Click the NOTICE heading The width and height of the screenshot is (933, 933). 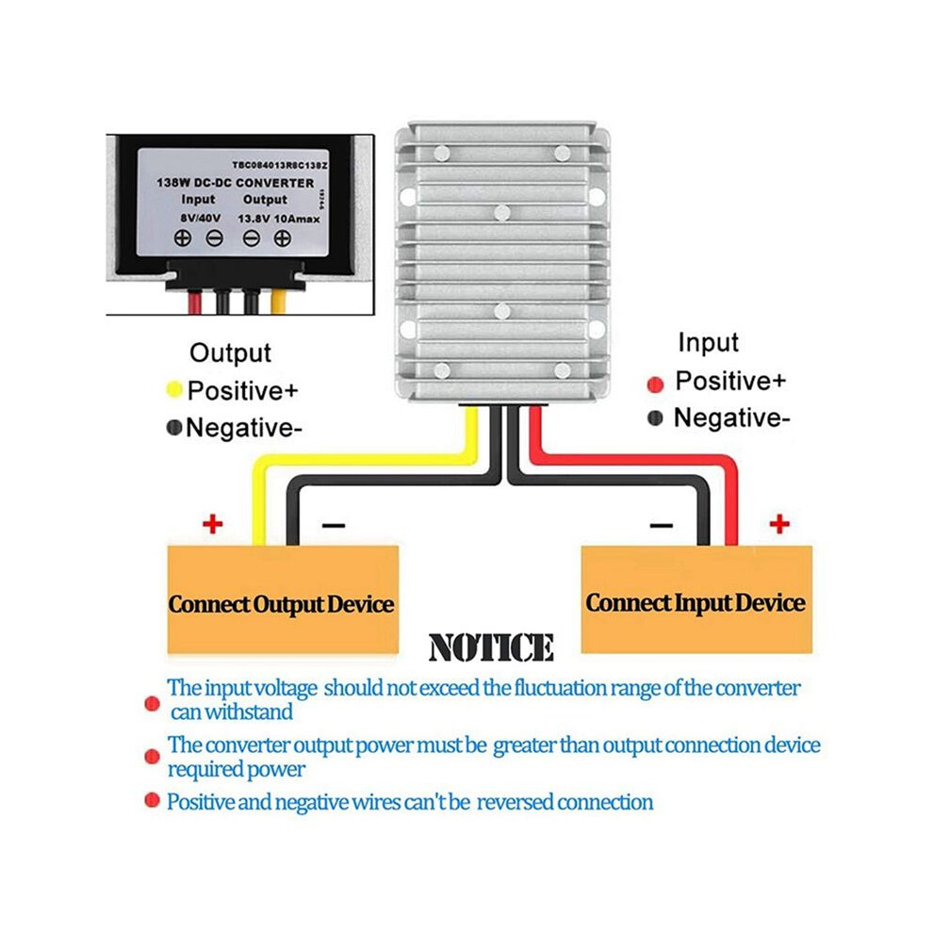(x=491, y=647)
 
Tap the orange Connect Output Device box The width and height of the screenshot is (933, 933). (x=283, y=599)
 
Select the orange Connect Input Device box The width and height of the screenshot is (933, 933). (x=696, y=598)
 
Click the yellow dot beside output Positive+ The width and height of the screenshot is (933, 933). (x=173, y=390)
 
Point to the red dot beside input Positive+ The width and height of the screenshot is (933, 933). (x=655, y=385)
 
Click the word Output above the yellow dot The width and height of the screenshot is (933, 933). (x=230, y=352)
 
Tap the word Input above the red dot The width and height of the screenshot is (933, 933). (x=708, y=343)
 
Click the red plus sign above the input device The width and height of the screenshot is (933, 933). (x=778, y=524)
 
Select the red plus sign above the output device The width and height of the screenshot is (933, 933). (x=212, y=524)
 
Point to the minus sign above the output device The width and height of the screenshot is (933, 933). (x=334, y=525)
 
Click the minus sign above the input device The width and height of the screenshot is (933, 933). (x=661, y=525)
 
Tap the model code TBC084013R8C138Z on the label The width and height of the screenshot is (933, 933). (x=280, y=165)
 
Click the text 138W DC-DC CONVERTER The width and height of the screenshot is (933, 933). (x=235, y=183)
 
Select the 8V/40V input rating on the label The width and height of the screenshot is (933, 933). (x=201, y=219)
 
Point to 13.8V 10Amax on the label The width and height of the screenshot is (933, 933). (x=278, y=219)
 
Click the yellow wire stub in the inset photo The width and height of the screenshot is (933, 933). (x=278, y=302)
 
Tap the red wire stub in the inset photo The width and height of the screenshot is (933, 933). (x=195, y=302)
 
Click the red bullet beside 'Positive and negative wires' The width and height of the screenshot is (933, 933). (x=153, y=800)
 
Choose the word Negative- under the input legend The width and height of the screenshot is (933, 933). (x=731, y=417)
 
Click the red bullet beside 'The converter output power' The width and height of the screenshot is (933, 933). (x=153, y=756)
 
